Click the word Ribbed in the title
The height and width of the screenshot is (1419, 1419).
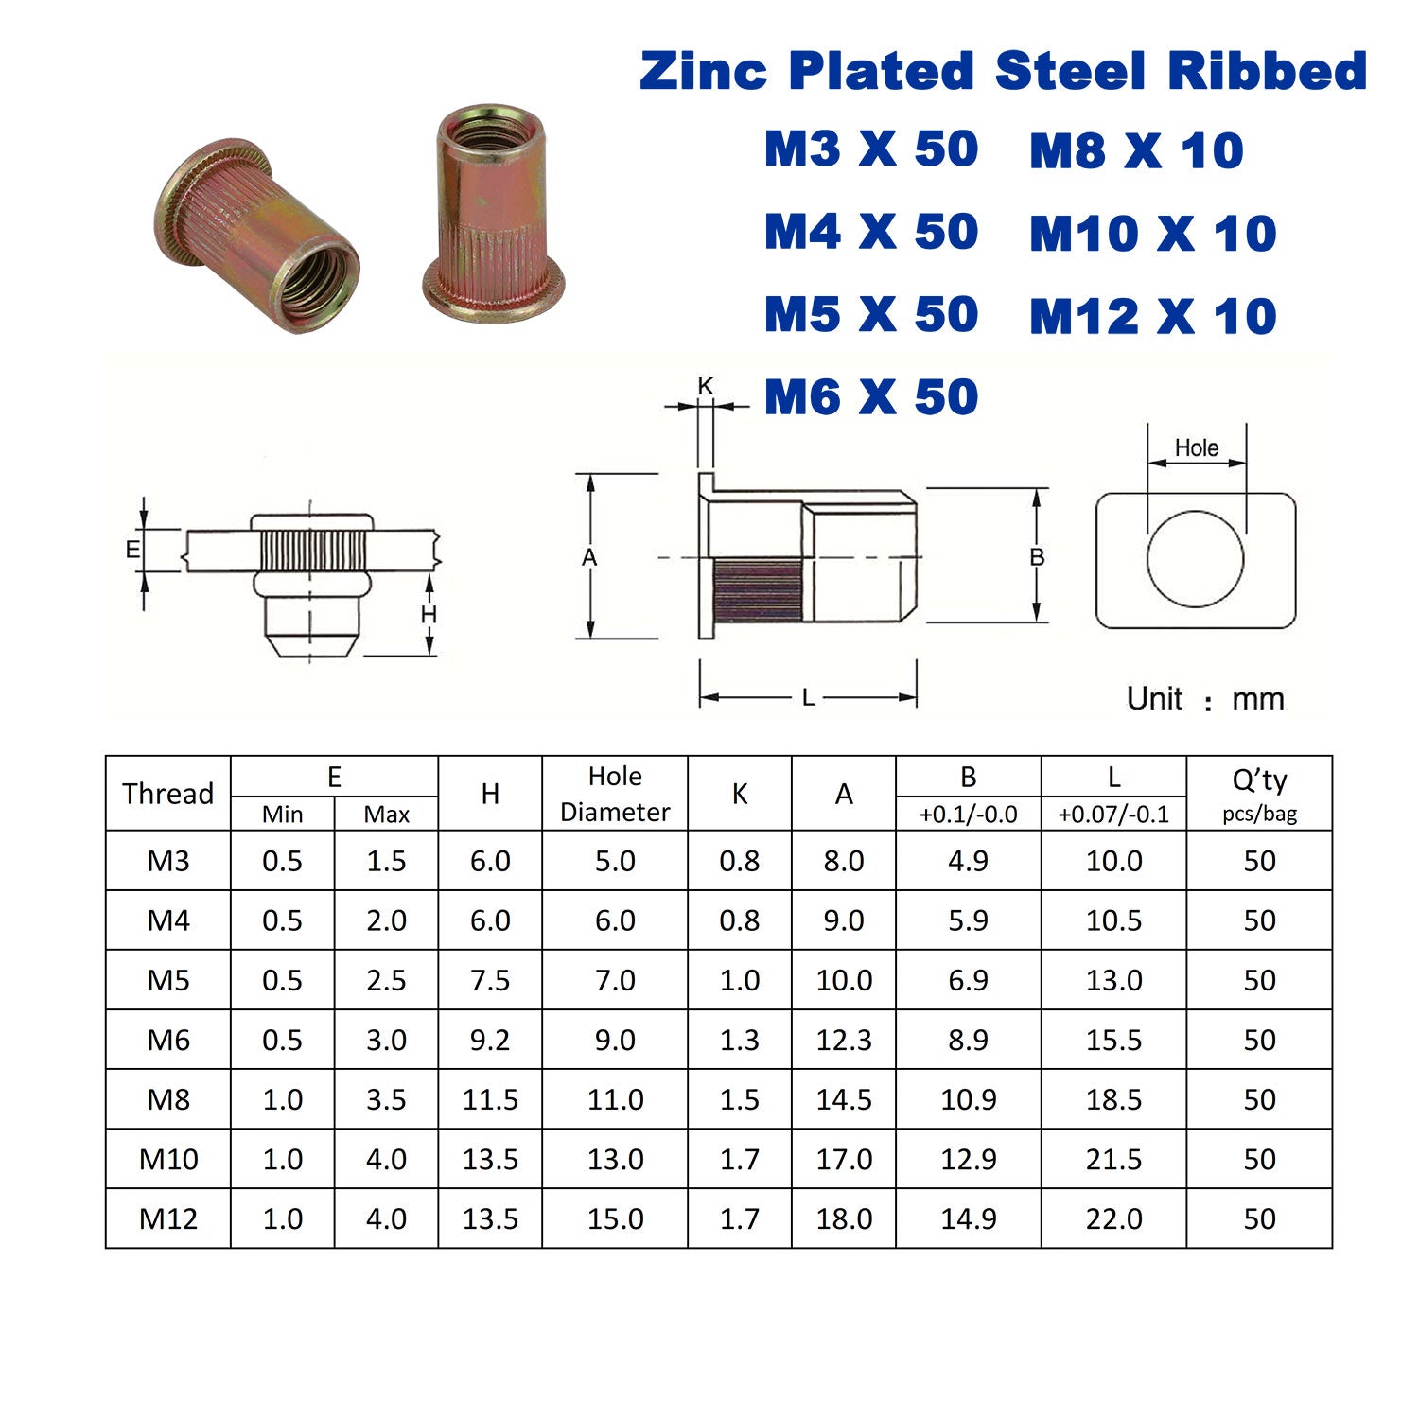(x=1268, y=71)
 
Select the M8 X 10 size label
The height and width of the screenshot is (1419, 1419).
(x=1136, y=151)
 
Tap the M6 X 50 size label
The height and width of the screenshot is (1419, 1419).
(x=871, y=397)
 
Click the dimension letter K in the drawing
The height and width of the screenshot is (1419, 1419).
(x=706, y=386)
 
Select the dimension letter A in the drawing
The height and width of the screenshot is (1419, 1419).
(x=589, y=558)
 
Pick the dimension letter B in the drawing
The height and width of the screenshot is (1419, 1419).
(x=1037, y=557)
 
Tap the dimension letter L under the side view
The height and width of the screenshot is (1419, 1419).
(x=808, y=698)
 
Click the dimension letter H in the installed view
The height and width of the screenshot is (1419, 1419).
(x=429, y=615)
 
